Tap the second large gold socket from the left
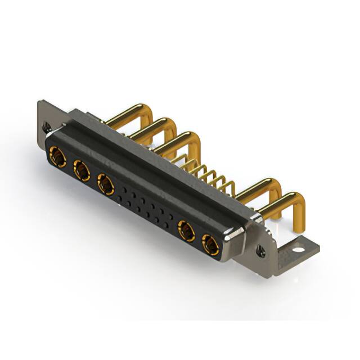click(x=82, y=170)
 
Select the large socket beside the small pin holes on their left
click(x=106, y=184)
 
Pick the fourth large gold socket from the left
click(x=187, y=231)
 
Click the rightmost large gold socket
click(x=211, y=245)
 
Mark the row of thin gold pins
click(x=205, y=174)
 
